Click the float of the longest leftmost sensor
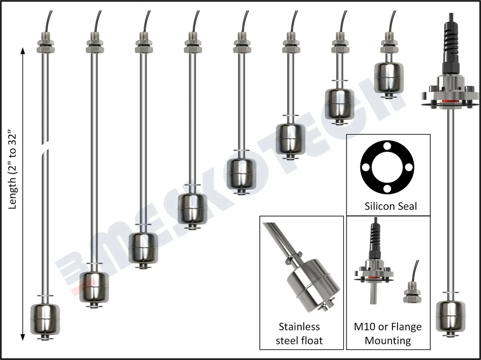[x=45, y=319]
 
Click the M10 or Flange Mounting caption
[x=388, y=334]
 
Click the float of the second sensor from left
[x=94, y=287]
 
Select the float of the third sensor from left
[x=143, y=247]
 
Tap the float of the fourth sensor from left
[x=192, y=208]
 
